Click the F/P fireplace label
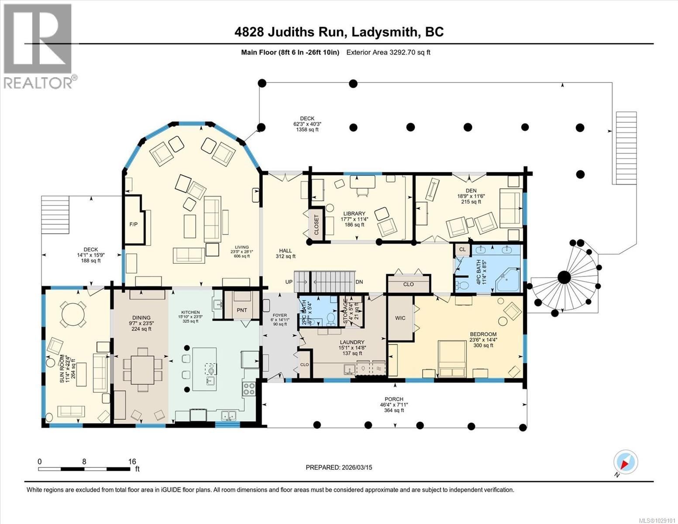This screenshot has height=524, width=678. click(133, 224)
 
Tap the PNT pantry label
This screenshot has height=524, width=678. click(241, 310)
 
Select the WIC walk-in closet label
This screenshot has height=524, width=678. click(400, 318)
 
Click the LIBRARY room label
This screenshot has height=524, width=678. click(354, 214)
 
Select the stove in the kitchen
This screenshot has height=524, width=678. click(249, 389)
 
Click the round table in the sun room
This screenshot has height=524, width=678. click(73, 314)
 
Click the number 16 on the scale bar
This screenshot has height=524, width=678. click(132, 462)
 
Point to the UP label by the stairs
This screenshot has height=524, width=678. click(289, 282)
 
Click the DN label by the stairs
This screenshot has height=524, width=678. click(359, 282)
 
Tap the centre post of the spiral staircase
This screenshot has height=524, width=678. click(564, 277)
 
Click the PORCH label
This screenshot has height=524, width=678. click(394, 399)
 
